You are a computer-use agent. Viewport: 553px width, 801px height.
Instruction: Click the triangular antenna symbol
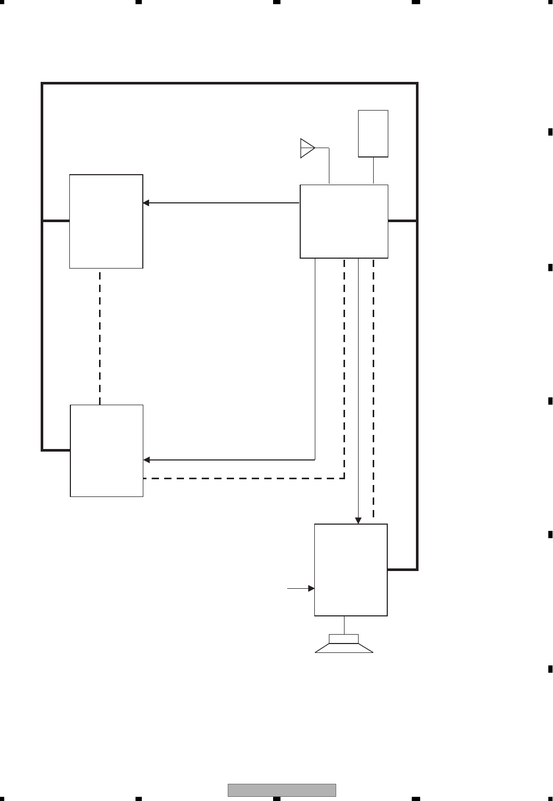pos(307,148)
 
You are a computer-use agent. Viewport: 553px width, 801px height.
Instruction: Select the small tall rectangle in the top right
pos(373,133)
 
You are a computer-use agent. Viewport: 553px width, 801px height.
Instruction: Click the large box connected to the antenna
pos(344,221)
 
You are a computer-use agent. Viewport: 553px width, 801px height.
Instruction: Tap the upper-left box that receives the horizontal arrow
pos(106,221)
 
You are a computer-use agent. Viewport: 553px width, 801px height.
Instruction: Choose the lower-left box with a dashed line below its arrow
pos(107,451)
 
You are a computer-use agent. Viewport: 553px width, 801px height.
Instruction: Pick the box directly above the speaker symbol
pos(351,569)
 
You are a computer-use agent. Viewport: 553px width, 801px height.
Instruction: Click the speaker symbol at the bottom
pos(344,644)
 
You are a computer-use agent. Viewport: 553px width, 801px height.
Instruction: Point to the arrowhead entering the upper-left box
pos(146,203)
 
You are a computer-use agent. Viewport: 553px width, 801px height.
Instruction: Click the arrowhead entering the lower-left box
pos(146,460)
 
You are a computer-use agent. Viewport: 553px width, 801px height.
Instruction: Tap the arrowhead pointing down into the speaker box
pos(359,520)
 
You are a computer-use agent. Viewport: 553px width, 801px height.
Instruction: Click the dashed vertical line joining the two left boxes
pos(100,336)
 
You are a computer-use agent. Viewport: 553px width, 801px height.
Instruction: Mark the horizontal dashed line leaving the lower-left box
pos(243,478)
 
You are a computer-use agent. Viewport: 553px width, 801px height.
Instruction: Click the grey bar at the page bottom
pos(282,790)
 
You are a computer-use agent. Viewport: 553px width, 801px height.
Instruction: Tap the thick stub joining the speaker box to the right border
pos(402,569)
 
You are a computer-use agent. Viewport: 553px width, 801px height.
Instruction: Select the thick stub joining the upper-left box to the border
pos(56,221)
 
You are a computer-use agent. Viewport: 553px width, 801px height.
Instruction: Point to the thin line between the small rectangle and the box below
pos(373,171)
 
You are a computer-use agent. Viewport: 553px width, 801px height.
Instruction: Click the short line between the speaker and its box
pos(344,625)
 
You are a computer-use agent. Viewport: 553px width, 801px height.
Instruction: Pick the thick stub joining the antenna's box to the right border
pos(402,221)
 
